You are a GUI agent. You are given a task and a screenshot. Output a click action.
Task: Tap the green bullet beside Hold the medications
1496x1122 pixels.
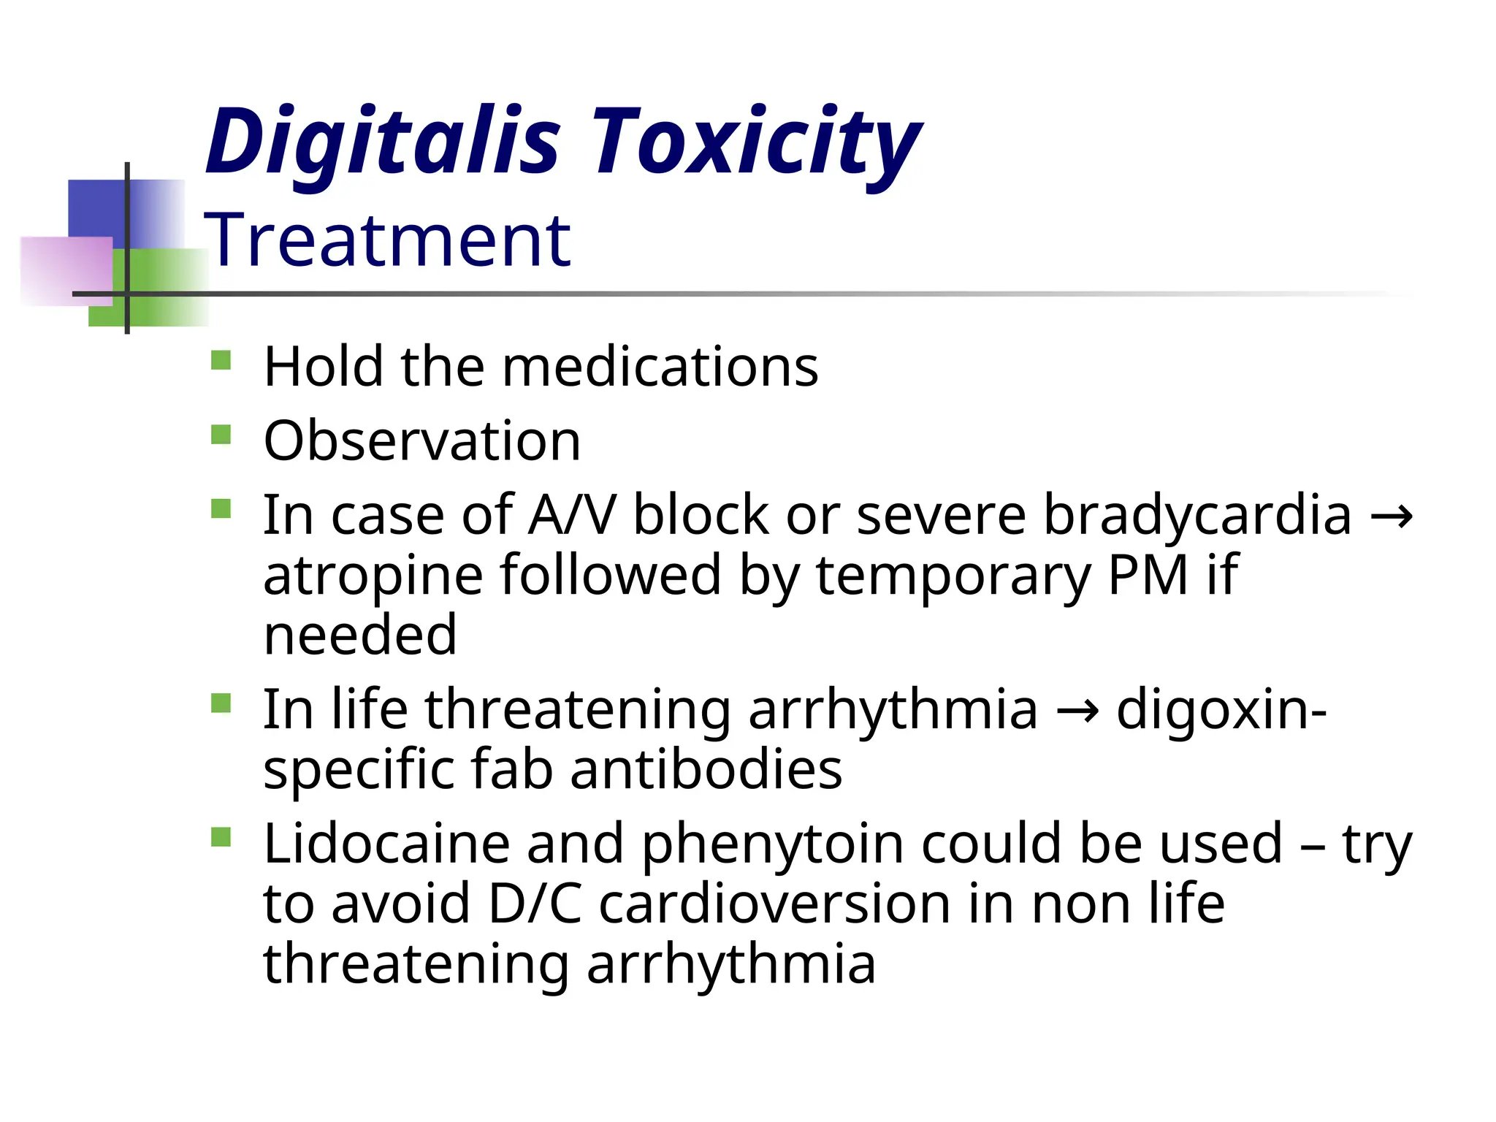pyautogui.click(x=221, y=361)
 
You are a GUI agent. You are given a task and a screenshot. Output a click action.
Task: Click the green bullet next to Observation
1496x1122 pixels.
pyautogui.click(x=221, y=435)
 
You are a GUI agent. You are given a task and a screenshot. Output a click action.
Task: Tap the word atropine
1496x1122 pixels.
pyautogui.click(x=373, y=575)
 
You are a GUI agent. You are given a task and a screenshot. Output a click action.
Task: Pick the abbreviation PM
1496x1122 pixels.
pyautogui.click(x=1148, y=575)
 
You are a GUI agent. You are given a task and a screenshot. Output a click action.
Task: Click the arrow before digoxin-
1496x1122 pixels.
pyautogui.click(x=1077, y=711)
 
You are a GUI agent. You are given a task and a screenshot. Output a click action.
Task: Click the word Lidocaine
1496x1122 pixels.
pyautogui.click(x=386, y=844)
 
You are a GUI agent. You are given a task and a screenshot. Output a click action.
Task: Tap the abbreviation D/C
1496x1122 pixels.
pyautogui.click(x=535, y=904)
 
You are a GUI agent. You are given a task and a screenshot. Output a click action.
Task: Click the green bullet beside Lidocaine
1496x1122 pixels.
pyautogui.click(x=221, y=836)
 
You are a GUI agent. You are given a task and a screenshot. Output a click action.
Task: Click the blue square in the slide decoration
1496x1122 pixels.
pyautogui.click(x=99, y=208)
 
